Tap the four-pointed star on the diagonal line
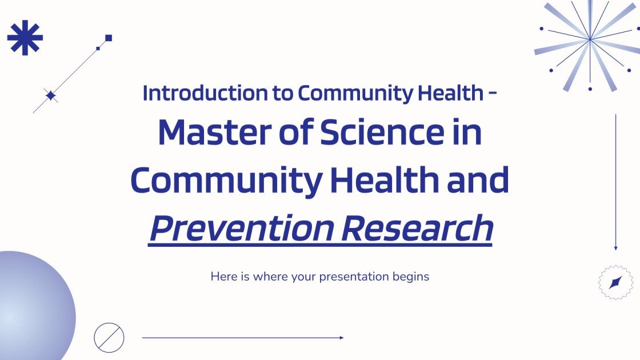[51, 96]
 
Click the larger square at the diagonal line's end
[109, 38]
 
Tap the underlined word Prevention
[239, 229]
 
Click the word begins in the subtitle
[410, 277]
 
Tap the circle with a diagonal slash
[109, 337]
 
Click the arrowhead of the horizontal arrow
[341, 338]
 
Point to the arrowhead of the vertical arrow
[615, 247]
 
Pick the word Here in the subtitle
[222, 277]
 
